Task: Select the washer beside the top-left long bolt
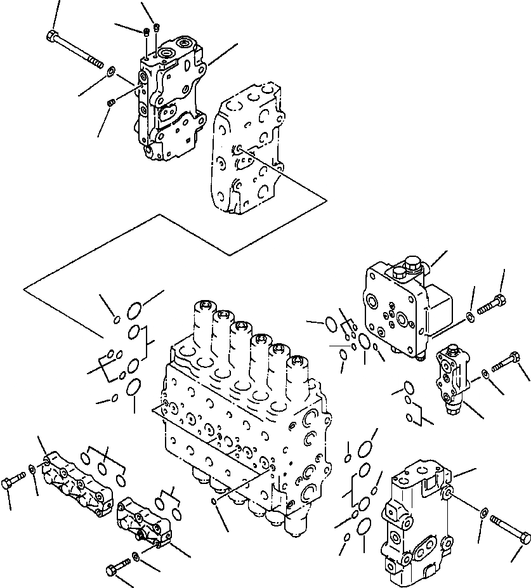[110, 71]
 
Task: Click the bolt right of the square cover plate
[491, 307]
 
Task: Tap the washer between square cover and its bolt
[468, 316]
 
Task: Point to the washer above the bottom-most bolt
[136, 558]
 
